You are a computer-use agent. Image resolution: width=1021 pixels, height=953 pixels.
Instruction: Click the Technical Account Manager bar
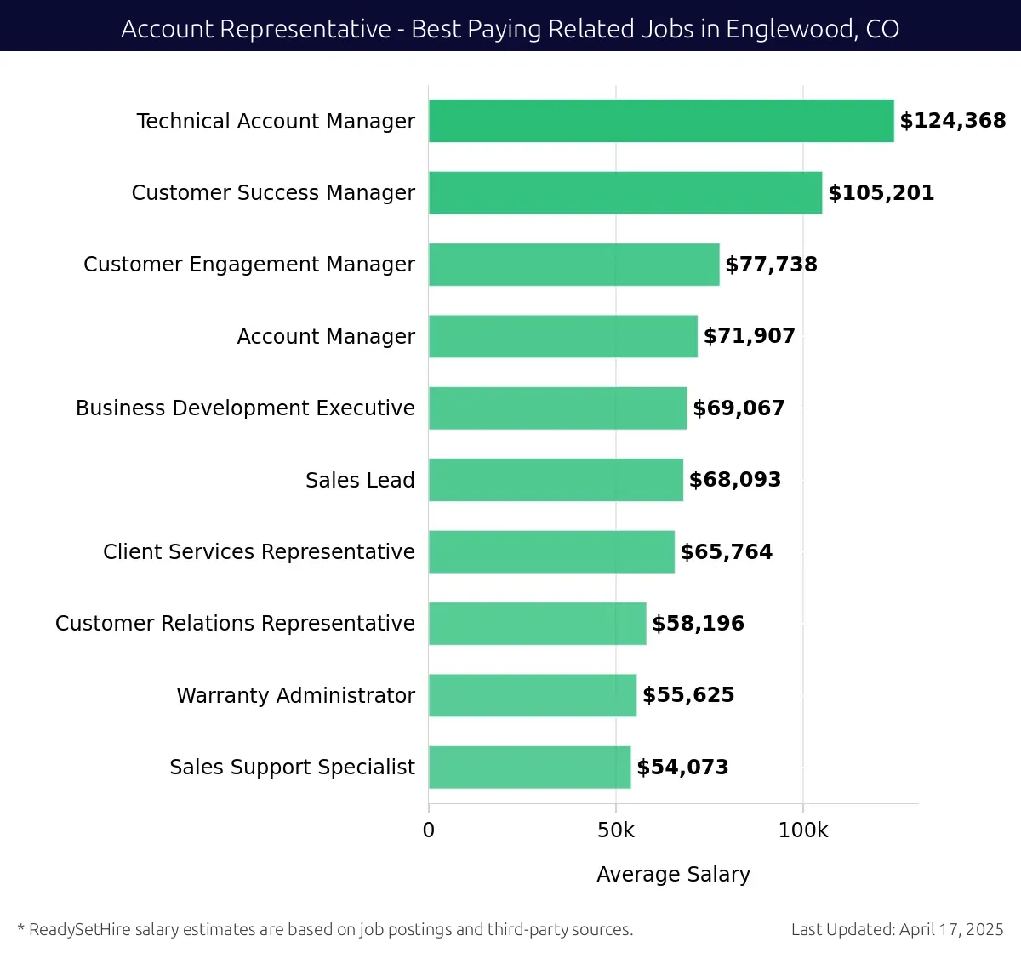[x=661, y=121]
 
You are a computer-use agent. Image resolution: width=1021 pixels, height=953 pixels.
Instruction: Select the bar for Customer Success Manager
[x=625, y=192]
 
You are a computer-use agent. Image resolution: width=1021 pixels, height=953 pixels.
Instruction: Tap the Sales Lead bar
[x=556, y=480]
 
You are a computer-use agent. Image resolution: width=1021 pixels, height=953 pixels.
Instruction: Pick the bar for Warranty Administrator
[x=533, y=695]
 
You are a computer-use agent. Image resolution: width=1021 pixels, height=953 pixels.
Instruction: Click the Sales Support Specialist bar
[x=529, y=767]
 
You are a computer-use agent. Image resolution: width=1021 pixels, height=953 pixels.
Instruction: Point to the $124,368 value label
[x=953, y=121]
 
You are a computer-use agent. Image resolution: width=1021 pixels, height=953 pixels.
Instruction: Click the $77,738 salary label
[x=771, y=265]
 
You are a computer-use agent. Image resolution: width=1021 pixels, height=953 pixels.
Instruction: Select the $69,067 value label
[x=739, y=408]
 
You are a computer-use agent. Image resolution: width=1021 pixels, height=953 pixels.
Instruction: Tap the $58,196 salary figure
[x=698, y=624]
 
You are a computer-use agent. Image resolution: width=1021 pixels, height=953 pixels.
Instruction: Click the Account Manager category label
[x=326, y=337]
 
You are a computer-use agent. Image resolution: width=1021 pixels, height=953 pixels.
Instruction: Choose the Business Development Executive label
[x=245, y=408]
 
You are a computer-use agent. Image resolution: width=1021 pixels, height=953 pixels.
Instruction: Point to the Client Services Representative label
[x=259, y=552]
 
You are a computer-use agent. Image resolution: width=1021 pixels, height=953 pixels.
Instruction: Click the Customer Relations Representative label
[x=235, y=624]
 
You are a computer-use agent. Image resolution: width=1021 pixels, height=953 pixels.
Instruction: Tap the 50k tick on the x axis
[x=616, y=830]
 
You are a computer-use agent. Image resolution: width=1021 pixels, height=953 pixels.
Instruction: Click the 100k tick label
[x=802, y=830]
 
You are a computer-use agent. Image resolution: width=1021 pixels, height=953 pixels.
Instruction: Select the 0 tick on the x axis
[x=429, y=830]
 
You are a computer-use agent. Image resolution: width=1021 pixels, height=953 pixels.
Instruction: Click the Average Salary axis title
[x=673, y=874]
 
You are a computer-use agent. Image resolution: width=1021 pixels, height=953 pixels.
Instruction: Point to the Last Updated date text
[x=897, y=929]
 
